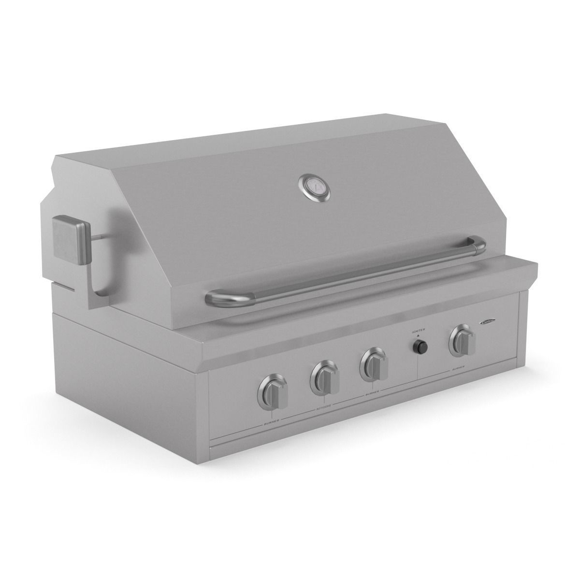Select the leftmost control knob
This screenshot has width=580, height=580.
(x=274, y=389)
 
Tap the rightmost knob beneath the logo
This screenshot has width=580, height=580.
(x=463, y=342)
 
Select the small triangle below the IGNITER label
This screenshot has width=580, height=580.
(x=418, y=335)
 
